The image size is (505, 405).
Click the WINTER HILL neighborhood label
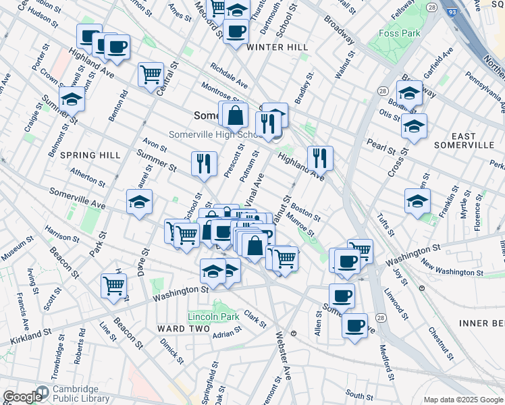(x=277, y=47)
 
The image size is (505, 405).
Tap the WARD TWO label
(x=179, y=328)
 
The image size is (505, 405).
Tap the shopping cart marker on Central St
(x=151, y=74)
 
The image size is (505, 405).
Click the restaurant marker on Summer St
(x=204, y=163)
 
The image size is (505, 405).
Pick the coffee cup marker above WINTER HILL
(x=236, y=30)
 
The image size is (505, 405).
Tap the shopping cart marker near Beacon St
(x=113, y=285)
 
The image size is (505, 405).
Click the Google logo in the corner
(x=22, y=397)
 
